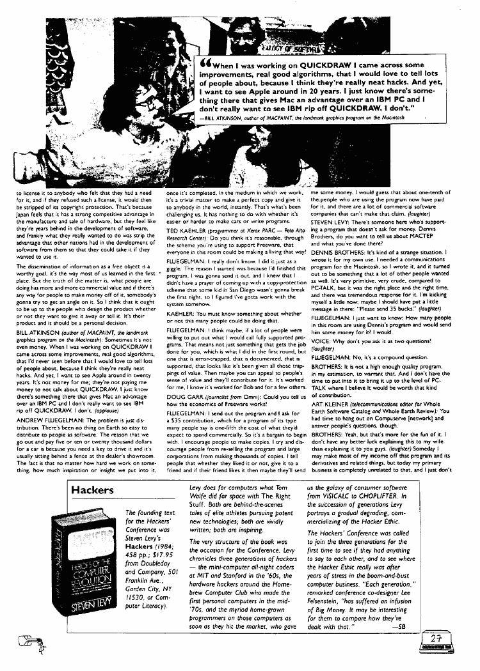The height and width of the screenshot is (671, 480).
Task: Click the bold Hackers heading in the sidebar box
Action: coord(92,490)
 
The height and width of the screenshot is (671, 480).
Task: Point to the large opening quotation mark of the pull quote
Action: coord(206,64)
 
